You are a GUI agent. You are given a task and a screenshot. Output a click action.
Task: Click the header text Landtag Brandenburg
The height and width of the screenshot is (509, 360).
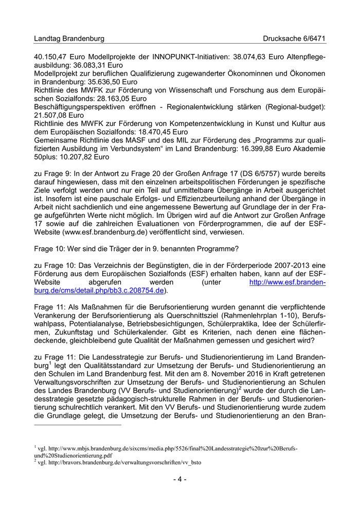69,39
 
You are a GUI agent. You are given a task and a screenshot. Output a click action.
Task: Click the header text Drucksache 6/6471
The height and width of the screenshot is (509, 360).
294,39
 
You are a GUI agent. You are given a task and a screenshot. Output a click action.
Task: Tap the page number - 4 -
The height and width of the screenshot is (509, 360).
179,479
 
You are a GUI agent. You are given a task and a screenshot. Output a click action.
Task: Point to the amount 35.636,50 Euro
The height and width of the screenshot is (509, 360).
106,82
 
